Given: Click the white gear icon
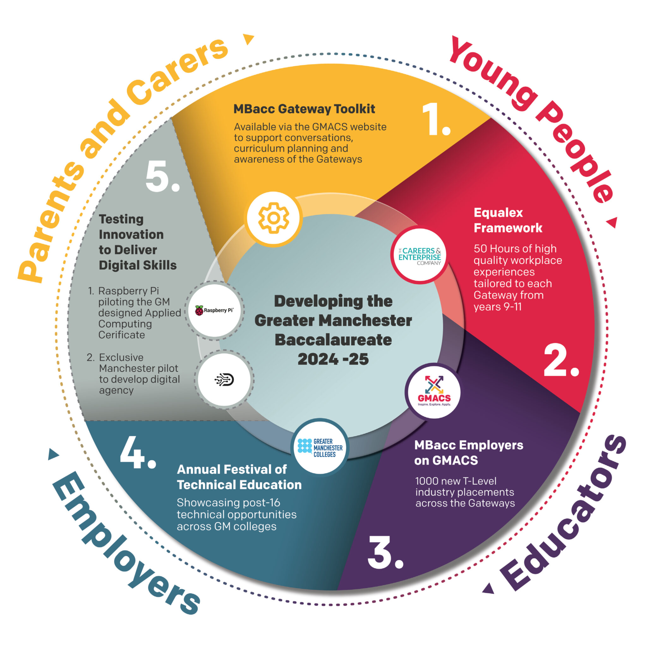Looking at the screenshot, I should (273, 218).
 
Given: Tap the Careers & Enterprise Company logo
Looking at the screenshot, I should (419, 257).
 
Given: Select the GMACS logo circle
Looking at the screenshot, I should (434, 392).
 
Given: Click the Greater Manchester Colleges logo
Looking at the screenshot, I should (320, 447).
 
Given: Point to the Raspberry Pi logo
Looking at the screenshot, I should (214, 310).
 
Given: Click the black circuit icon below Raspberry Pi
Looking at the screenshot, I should (224, 380).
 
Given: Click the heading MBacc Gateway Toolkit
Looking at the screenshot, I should (304, 109).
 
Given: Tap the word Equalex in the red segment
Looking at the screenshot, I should (498, 213).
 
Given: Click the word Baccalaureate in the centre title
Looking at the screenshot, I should (333, 340).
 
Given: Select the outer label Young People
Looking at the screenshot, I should (532, 117).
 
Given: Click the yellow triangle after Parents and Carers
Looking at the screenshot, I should (249, 39).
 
